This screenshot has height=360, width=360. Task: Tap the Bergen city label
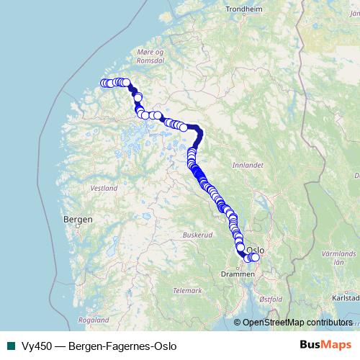pyautogui.click(x=78, y=218)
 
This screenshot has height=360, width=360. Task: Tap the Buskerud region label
pyautogui.click(x=195, y=235)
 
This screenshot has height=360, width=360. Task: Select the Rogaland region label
pyautogui.click(x=94, y=319)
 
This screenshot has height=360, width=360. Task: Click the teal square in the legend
pyautogui.click(x=10, y=346)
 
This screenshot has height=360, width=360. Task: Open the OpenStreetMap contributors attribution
pyautogui.click(x=297, y=323)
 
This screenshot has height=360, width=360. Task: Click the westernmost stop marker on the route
pyautogui.click(x=103, y=83)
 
